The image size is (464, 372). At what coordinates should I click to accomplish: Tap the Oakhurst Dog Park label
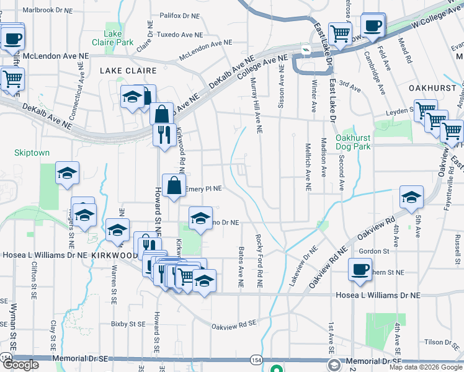[x=353, y=142]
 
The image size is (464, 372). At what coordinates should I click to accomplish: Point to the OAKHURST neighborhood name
[x=432, y=89]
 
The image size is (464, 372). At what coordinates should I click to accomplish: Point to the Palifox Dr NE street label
[x=179, y=15]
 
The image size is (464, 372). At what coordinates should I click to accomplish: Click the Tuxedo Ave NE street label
[x=180, y=35]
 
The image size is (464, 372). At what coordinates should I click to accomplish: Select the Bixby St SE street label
[x=128, y=324]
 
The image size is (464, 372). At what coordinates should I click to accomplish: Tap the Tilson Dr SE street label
[x=442, y=342]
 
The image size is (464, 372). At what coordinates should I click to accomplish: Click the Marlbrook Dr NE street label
[x=52, y=10]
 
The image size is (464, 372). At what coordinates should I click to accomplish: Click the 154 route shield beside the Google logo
[x=6, y=358]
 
